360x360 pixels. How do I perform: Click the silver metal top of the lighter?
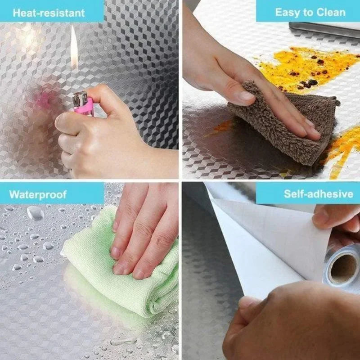[x=80, y=98]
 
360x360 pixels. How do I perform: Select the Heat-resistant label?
[x=49, y=12]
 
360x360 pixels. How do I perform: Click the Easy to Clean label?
[x=310, y=12]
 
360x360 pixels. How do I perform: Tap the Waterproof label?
[x=38, y=194]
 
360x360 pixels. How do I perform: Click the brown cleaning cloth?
[x=288, y=126]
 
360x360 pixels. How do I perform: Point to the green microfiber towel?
[x=121, y=270]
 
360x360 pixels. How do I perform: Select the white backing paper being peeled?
[x=265, y=243]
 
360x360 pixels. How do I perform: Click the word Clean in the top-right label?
[x=330, y=12]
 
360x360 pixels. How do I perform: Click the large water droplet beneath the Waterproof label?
[x=35, y=213]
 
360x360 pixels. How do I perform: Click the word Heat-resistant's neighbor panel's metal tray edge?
[x=324, y=29]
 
